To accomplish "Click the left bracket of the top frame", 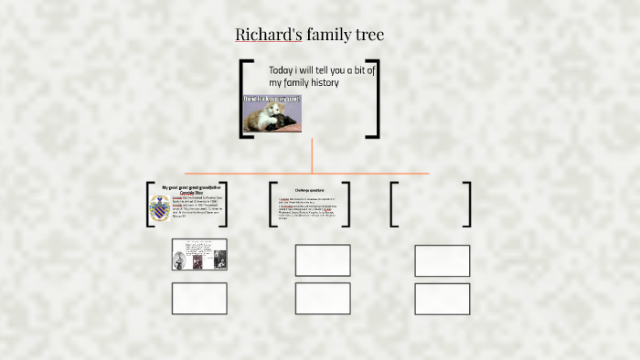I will tap(242, 99).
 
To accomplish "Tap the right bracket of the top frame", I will tap(375, 99).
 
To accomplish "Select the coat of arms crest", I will tap(159, 210).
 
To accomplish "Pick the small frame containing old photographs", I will tap(199, 254).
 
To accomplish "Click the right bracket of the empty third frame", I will tap(468, 204).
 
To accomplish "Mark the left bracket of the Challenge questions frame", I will tap(272, 204).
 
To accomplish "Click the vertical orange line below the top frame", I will tap(312, 155).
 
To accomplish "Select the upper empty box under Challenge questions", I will tap(323, 260).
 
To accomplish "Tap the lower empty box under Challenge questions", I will tap(323, 299).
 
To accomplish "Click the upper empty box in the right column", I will tap(443, 260).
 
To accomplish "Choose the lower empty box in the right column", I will tap(443, 299).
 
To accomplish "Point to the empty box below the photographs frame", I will tap(199, 299).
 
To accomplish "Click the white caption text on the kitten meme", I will tap(272, 99).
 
